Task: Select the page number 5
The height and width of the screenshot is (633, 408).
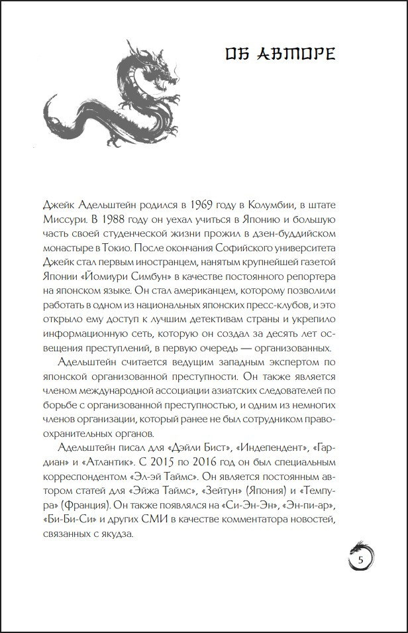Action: point(361,561)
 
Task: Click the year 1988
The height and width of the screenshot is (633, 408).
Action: point(105,217)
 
